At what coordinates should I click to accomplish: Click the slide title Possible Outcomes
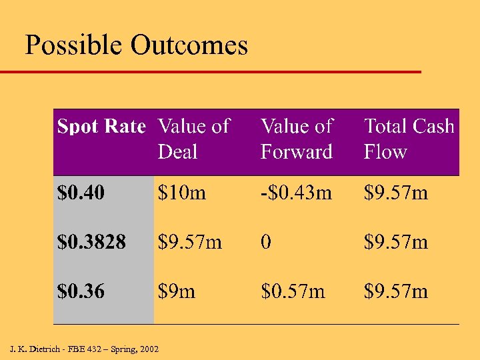(136, 45)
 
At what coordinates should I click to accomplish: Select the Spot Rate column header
(101, 126)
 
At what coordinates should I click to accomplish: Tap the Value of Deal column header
(193, 139)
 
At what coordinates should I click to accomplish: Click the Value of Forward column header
(297, 139)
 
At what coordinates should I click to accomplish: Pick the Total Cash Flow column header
(409, 139)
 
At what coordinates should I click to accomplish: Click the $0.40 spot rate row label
(81, 193)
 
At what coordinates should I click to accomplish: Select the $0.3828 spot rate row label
(91, 242)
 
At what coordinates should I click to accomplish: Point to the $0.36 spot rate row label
(81, 291)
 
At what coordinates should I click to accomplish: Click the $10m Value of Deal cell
(182, 193)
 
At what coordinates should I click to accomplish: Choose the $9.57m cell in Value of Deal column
(190, 242)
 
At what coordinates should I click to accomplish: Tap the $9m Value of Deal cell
(177, 291)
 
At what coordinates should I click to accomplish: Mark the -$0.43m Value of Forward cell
(296, 193)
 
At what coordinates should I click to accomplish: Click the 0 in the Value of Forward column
(266, 242)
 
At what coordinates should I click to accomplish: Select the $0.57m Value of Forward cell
(293, 291)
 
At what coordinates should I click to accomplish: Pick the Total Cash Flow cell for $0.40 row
(396, 193)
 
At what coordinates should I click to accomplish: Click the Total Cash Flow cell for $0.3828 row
(396, 242)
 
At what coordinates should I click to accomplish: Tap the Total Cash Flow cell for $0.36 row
(396, 291)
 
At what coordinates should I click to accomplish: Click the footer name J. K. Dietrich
(33, 349)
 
